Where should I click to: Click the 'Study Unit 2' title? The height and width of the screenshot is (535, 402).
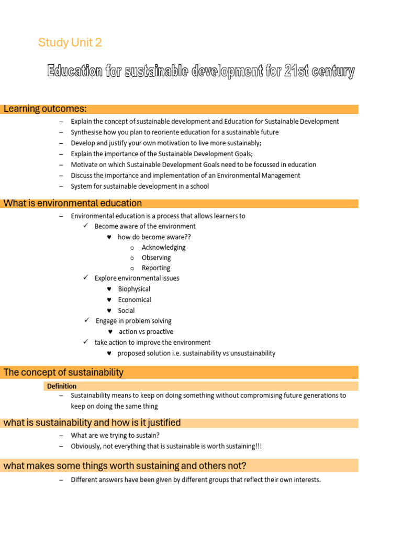(70, 43)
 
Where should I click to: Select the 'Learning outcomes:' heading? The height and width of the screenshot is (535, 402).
(45, 109)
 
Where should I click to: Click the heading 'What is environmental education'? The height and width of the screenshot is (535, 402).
(73, 203)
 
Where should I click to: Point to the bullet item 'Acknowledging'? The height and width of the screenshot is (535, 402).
(163, 247)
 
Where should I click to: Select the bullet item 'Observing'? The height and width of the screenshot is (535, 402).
(156, 258)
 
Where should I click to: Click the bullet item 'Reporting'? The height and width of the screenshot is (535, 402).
(156, 268)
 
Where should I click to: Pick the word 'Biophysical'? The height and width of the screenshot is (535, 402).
(134, 289)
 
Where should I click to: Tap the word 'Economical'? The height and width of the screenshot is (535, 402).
(135, 300)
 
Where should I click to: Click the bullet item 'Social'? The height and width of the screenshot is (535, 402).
(126, 310)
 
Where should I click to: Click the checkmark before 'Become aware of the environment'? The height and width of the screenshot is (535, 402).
(86, 226)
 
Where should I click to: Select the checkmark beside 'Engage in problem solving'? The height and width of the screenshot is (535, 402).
(87, 320)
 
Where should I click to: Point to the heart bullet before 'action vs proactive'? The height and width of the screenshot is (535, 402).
(110, 332)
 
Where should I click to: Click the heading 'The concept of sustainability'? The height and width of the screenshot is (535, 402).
(63, 373)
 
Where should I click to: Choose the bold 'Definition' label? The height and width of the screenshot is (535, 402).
(62, 386)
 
